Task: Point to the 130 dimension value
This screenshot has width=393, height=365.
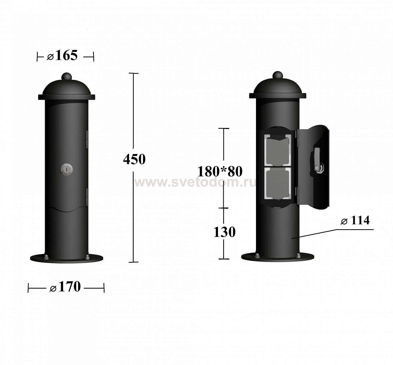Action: coord(224,232)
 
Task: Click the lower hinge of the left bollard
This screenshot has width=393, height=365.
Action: coord(87,198)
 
